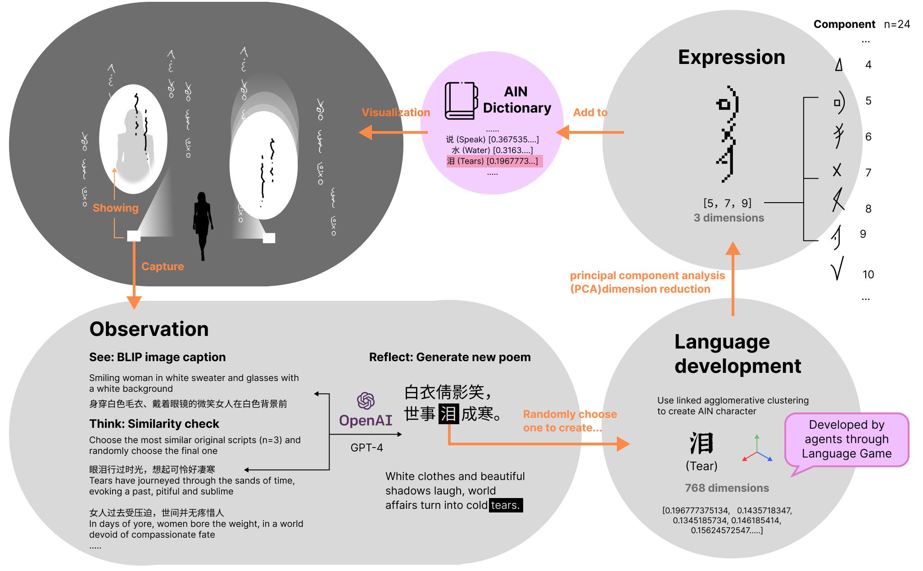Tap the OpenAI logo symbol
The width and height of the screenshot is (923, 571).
pos(366,400)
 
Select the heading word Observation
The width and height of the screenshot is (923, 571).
pos(149,329)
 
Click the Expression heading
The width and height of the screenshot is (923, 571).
pos(731,57)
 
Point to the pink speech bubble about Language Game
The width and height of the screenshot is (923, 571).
pos(846,440)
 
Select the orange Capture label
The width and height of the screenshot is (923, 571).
pos(163,266)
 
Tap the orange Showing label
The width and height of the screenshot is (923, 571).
pos(115,208)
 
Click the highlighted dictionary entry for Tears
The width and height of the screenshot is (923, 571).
pos(494,161)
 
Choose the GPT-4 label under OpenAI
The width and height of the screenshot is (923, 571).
pos(366,448)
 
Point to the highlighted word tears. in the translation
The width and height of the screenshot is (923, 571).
pos(506,505)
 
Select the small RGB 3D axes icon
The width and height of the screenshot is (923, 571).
pos(757,449)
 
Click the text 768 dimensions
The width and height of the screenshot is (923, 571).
pos(727,488)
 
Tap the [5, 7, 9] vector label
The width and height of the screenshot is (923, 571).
pos(727,203)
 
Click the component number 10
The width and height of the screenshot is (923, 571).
pos(868,274)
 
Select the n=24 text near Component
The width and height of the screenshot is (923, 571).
pos(897,24)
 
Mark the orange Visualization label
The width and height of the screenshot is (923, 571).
pos(396,113)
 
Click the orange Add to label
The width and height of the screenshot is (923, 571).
pos(590,113)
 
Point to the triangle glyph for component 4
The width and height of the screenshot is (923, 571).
pos(838,65)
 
